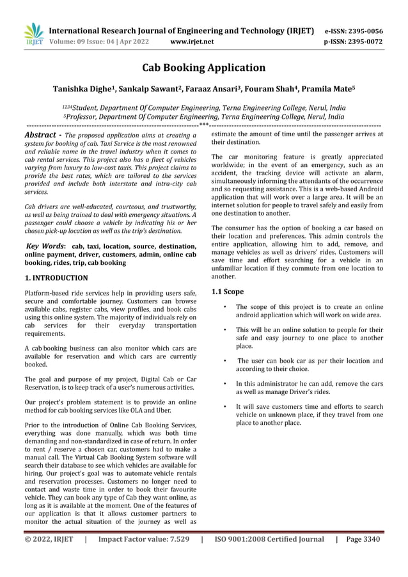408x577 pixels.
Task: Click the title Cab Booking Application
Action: click(203, 67)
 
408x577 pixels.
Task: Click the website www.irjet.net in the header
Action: click(192, 42)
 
